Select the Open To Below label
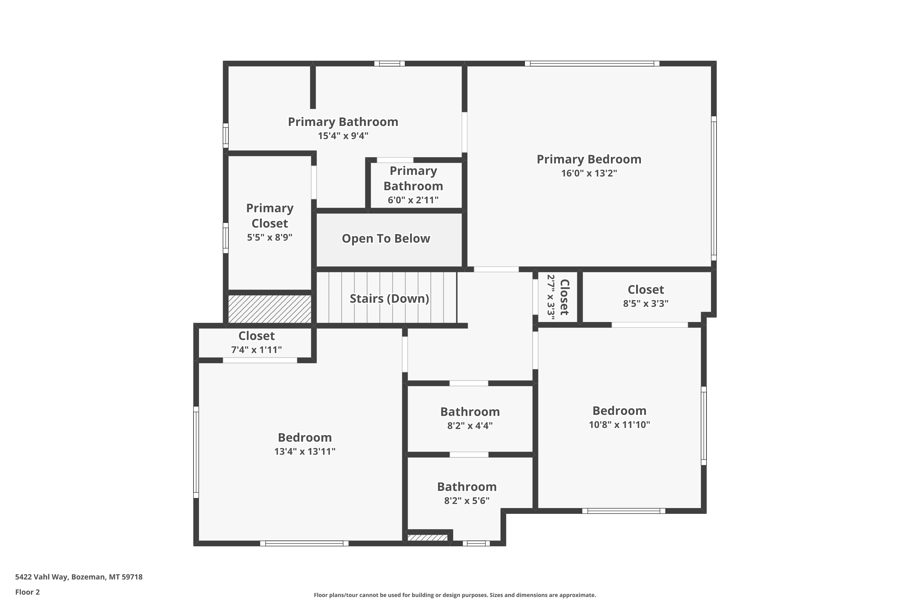(x=386, y=239)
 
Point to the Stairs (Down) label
(x=389, y=298)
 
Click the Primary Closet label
(x=270, y=215)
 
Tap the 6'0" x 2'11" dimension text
(x=413, y=200)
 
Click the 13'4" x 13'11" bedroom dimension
(x=305, y=451)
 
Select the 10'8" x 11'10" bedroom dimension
(x=619, y=425)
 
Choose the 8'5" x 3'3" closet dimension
(x=645, y=303)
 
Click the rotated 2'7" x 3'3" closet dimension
(x=551, y=297)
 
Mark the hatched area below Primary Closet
(x=269, y=309)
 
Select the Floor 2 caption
(x=28, y=592)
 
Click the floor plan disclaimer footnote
(x=455, y=595)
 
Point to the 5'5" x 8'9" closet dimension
(x=270, y=237)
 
